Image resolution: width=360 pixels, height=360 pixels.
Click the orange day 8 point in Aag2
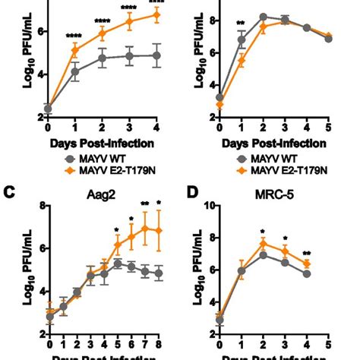(x=158, y=230)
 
